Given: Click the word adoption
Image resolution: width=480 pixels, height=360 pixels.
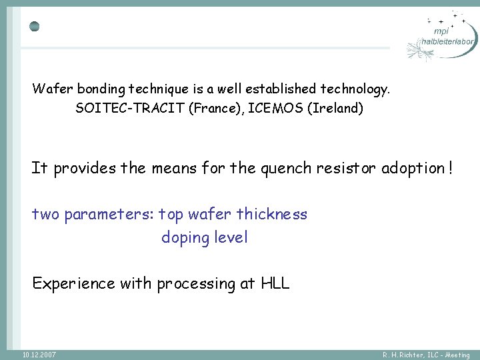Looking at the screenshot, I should click(x=411, y=168).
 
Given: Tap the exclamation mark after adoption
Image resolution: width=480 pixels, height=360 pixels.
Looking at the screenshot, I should click(x=451, y=168).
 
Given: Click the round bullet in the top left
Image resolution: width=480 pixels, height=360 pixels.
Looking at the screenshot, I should click(x=35, y=27).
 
